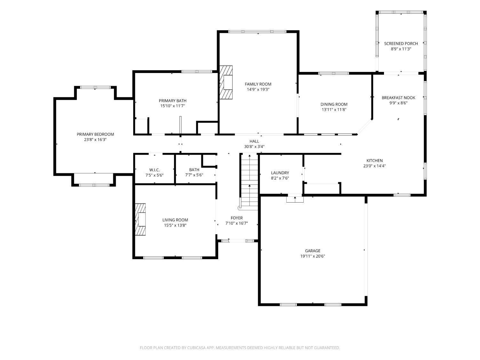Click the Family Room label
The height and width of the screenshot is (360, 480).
pos(258,84)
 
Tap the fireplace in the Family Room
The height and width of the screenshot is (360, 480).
pos(226,83)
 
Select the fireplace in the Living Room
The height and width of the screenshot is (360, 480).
pos(140,220)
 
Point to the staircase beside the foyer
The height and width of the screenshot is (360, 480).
pos(249,182)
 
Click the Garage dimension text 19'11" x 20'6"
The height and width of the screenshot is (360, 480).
pos(313,256)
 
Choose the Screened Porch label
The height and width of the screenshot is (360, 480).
pos(401,44)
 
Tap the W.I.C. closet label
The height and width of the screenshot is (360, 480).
pos(154,170)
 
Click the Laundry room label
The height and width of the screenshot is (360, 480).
pos(280,173)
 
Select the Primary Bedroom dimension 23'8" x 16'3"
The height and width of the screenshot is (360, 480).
pos(95,140)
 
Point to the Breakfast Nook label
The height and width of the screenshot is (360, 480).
pos(398,98)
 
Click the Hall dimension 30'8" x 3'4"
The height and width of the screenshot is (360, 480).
pos(254,147)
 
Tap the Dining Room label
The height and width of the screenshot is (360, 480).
pos(334,105)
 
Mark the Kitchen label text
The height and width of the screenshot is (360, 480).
pos(374,161)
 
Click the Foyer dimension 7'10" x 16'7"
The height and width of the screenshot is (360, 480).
pos(236,223)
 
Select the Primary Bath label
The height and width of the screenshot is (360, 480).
pos(172,101)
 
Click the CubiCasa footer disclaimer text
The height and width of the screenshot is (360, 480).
pos(240,348)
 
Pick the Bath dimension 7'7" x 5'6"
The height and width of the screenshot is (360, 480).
pos(194,175)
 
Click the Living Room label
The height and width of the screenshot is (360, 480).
pos(175,220)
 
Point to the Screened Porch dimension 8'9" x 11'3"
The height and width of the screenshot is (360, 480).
pos(401,49)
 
